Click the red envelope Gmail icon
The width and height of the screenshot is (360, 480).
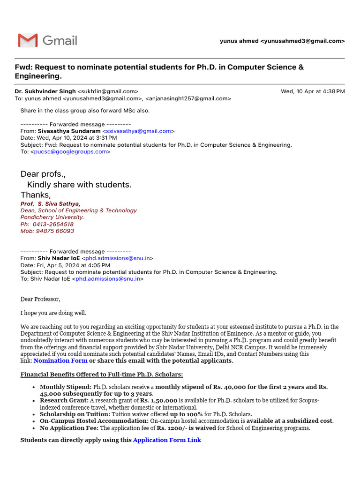28,40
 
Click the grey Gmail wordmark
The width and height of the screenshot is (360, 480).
60,40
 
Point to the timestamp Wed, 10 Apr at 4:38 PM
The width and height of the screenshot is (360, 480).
313,91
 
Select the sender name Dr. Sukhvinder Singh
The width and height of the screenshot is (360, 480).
45,91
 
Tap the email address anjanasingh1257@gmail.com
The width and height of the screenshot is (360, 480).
188,98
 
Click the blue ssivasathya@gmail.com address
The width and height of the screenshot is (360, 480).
138,131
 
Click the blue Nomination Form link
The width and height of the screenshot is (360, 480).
60,361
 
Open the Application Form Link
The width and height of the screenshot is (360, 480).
167,440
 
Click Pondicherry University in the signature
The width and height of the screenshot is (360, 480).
52,217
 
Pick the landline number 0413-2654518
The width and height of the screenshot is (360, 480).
53,224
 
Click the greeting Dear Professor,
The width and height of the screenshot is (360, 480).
40,299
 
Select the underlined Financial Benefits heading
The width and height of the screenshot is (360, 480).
102,375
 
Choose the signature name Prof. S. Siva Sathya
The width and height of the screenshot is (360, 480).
50,203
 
